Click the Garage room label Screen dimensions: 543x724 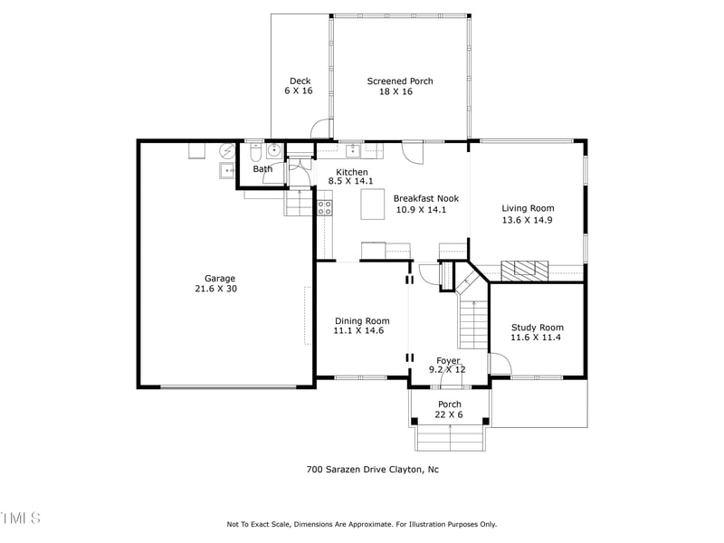pyautogui.click(x=220, y=279)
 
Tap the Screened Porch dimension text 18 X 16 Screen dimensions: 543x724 pyautogui.click(x=400, y=91)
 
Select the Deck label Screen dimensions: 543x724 pyautogui.click(x=300, y=81)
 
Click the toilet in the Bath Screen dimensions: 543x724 pyautogui.click(x=254, y=151)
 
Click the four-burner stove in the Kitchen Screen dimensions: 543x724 pyautogui.click(x=324, y=208)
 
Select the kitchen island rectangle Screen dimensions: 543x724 pyautogui.click(x=374, y=206)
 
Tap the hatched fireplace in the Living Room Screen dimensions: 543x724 pyautogui.click(x=525, y=270)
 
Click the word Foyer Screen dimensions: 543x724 pyautogui.click(x=448, y=360)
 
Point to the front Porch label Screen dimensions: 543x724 pyautogui.click(x=450, y=405)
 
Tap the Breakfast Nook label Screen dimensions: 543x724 pyautogui.click(x=426, y=198)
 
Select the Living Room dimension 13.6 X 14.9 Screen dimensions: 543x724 pyautogui.click(x=528, y=219)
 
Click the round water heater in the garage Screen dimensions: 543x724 pyautogui.click(x=228, y=150)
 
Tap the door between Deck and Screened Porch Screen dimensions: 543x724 pyautogui.click(x=321, y=131)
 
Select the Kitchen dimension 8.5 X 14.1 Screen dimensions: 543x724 pyautogui.click(x=352, y=182)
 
